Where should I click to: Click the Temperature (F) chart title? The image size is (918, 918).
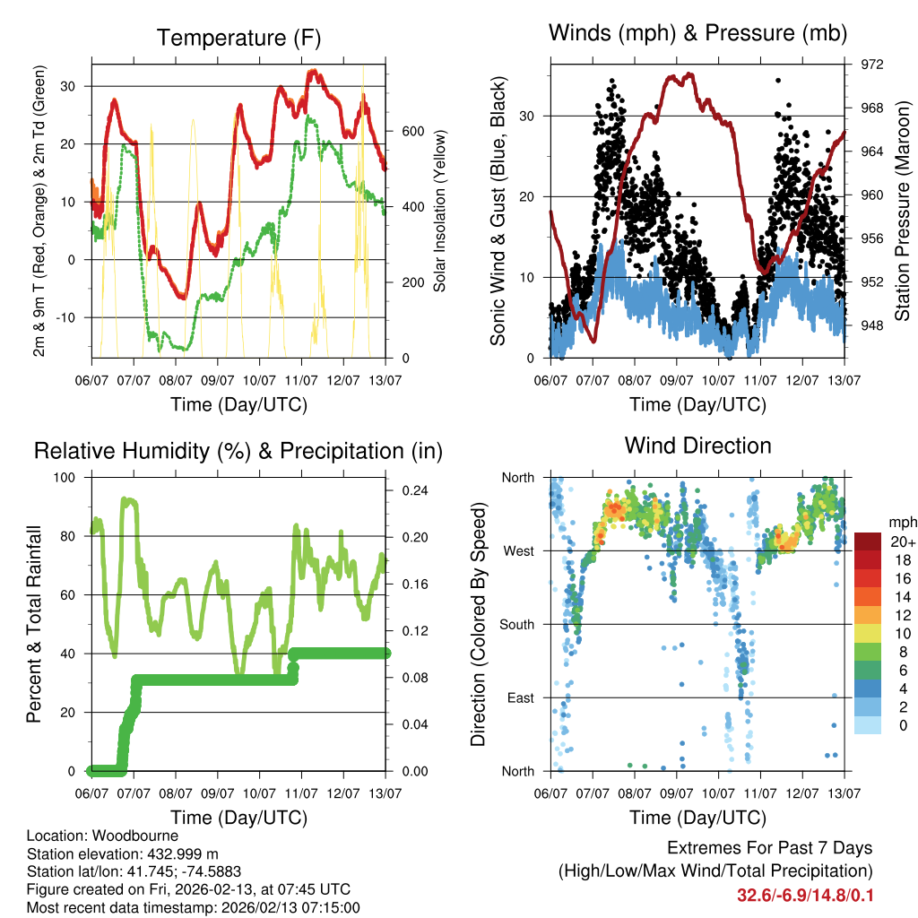pos(238,38)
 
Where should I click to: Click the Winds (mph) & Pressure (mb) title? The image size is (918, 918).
pos(697,34)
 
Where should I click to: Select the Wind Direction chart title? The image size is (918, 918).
pos(697,445)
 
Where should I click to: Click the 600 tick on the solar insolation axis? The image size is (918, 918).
pos(411,131)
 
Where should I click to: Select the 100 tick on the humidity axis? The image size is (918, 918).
pos(65,478)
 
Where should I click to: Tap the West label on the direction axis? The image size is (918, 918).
pos(517,551)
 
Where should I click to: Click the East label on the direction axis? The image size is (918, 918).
pos(519,698)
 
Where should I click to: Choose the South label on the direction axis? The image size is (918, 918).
pos(516,625)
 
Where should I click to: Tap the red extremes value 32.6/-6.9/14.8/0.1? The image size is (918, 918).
pos(804,895)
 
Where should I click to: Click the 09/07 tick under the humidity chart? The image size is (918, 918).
pos(218,792)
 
